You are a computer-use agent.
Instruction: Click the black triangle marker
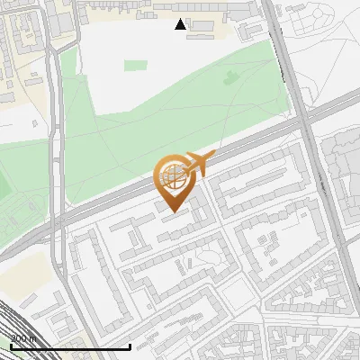coord(181,24)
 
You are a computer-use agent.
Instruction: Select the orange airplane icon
coord(198,165)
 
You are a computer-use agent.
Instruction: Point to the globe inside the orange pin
coord(171,177)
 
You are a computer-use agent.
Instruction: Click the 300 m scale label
coord(23,337)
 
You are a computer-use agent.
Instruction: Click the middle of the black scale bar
coord(70,346)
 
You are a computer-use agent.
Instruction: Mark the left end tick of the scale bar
coord(10,346)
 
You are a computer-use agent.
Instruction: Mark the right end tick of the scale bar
coord(130,346)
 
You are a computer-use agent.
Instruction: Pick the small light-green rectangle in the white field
coord(136,66)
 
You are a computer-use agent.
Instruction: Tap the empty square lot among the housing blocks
coord(237,291)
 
